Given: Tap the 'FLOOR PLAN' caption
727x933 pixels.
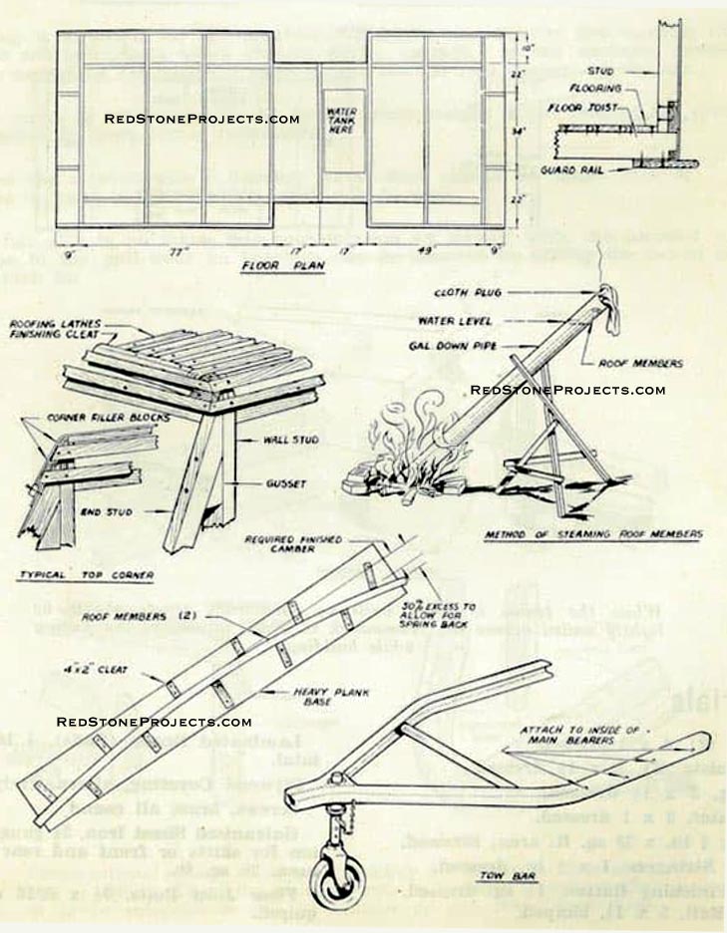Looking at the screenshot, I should tap(283, 267).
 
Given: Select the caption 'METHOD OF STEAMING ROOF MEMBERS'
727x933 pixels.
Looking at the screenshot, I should tap(592, 535).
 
